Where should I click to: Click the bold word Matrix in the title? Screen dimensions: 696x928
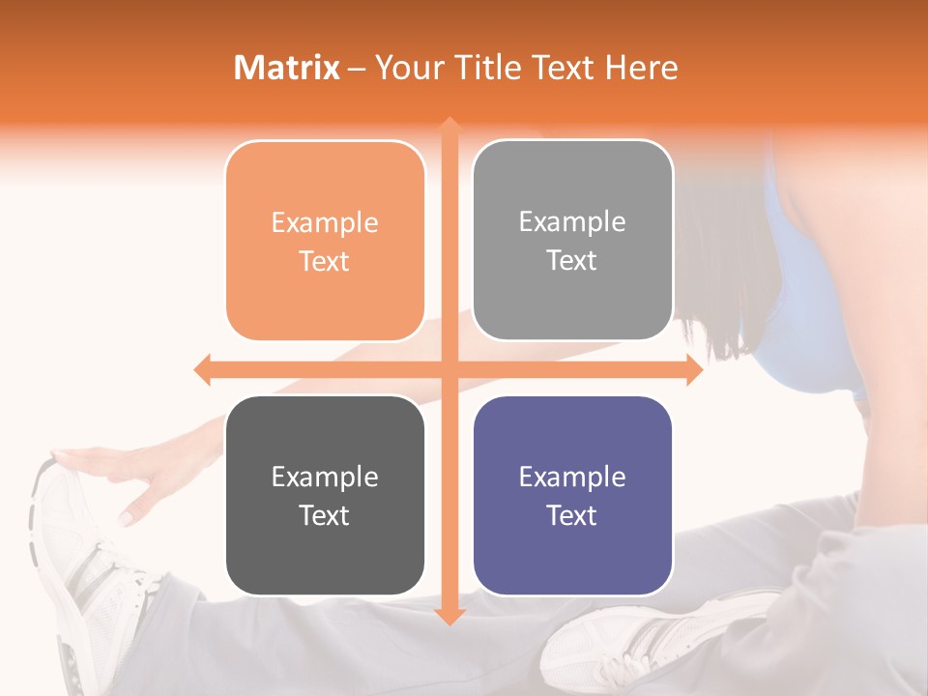(x=287, y=68)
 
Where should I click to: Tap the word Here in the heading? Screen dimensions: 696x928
(x=641, y=68)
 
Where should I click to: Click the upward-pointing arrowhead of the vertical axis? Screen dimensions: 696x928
(x=449, y=125)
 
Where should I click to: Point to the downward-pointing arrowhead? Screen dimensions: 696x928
(x=449, y=616)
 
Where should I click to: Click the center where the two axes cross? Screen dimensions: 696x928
(x=449, y=370)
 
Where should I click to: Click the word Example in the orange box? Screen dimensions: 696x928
(x=325, y=222)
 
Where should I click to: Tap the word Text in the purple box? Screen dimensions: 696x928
(x=572, y=515)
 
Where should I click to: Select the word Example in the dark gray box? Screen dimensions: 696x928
(x=325, y=477)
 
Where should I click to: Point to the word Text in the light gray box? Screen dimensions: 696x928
(x=572, y=260)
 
